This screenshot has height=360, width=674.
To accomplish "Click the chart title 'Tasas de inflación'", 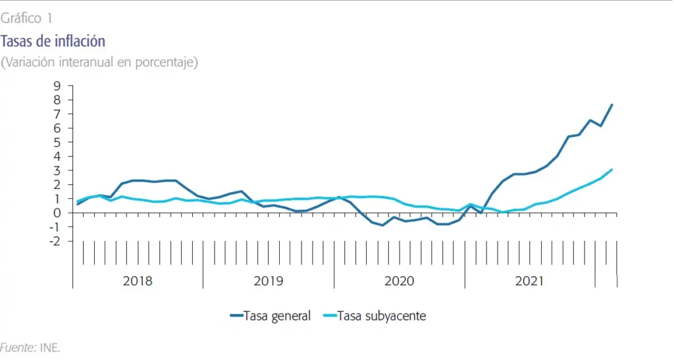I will click(x=53, y=41).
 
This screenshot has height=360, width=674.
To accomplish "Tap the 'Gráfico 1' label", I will click(x=27, y=18).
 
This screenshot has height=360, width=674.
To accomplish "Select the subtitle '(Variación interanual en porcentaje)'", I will click(x=99, y=63).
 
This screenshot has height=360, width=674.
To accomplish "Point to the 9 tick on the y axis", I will click(x=57, y=86).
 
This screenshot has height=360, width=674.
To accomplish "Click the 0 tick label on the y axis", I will click(x=57, y=213).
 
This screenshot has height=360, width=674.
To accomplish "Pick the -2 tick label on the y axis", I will click(x=55, y=241).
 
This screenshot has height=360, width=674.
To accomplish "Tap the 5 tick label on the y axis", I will click(x=57, y=142).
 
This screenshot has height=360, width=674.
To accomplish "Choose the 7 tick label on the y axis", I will click(x=57, y=114).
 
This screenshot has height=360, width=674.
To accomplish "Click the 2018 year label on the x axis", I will click(x=138, y=281).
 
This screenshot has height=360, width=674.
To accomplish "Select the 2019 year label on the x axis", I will click(x=269, y=281).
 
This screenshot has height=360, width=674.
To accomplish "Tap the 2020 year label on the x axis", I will click(x=399, y=281).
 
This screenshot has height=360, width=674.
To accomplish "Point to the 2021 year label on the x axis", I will click(x=529, y=281).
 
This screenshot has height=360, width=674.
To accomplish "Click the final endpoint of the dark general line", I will click(x=612, y=105).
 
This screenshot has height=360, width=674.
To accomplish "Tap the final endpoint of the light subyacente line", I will click(x=612, y=169).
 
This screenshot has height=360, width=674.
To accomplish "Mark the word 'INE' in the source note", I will click(x=49, y=347).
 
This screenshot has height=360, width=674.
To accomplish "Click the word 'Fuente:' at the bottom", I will click(x=18, y=347).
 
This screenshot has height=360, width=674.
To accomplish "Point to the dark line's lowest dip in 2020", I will click(x=383, y=225).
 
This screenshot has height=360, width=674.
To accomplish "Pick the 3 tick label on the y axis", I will click(x=57, y=170).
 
